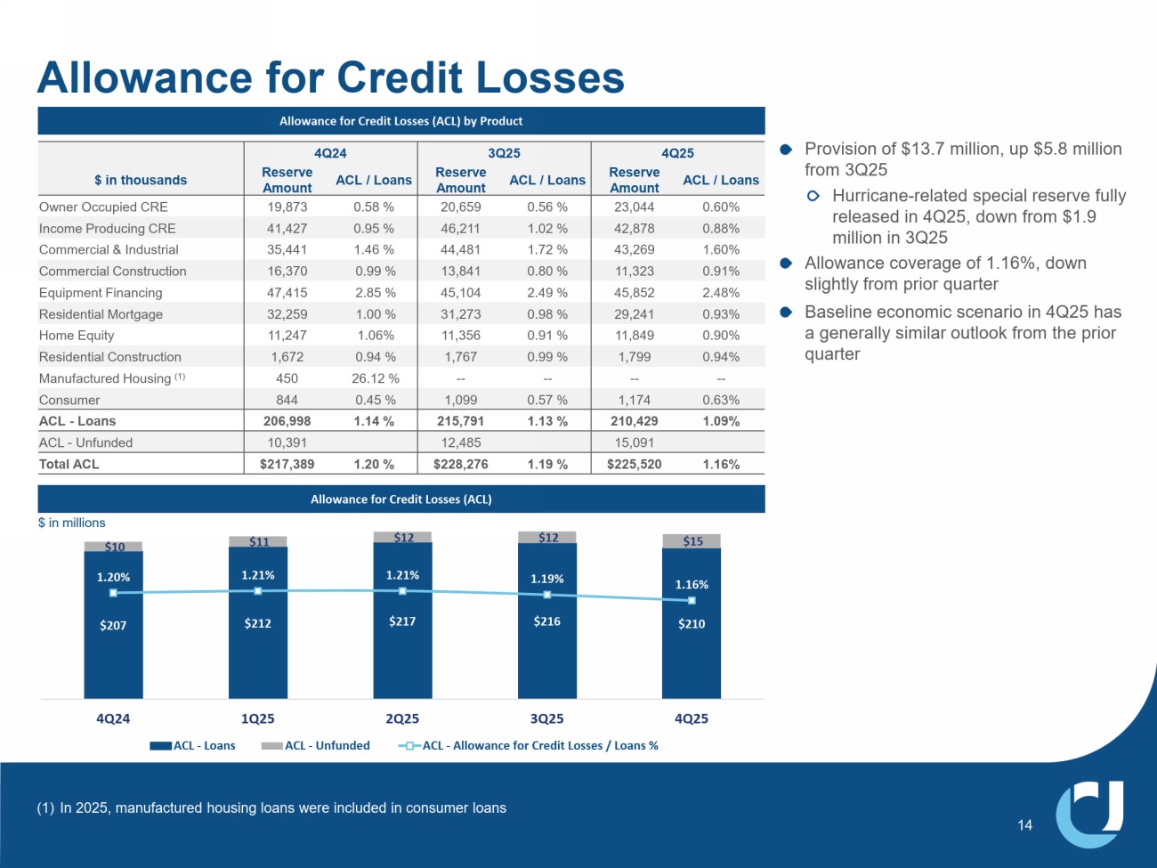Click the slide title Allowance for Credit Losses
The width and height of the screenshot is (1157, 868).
pos(330,77)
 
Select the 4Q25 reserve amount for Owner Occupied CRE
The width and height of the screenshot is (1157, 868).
pos(634,207)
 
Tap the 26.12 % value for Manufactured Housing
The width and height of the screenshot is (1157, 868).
pos(375,378)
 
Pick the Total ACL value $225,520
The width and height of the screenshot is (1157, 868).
pos(634,464)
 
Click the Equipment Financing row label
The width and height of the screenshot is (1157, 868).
pos(101,293)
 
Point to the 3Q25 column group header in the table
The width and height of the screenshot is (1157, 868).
pos(504,153)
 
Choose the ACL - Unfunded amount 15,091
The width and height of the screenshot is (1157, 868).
pos(634,442)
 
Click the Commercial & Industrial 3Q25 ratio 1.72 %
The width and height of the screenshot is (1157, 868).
pos(547,250)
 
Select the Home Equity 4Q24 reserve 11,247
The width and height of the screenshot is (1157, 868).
pos(287,336)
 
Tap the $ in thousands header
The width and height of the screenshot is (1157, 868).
pos(141,180)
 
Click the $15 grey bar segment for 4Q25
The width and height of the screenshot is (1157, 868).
pos(692,541)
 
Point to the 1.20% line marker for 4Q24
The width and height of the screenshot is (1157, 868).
pos(113,593)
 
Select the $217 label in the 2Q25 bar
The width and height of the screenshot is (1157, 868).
pos(402,621)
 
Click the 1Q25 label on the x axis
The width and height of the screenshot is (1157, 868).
pos(258,718)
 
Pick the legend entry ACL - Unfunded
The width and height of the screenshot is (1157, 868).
pos(326,746)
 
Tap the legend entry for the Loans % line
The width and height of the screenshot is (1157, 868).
pos(539,746)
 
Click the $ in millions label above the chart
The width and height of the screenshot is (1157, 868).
pos(71,523)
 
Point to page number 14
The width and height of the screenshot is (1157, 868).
pos(1025,825)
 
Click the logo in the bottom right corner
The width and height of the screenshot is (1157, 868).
pos(1089,814)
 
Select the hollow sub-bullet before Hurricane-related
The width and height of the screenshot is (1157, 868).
pos(813,196)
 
